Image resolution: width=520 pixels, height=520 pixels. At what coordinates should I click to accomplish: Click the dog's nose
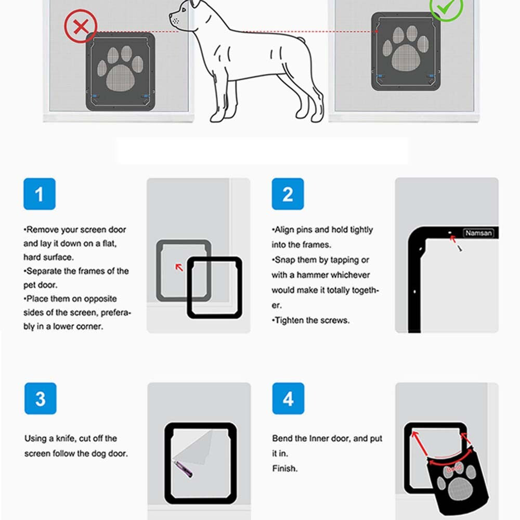pyautogui.click(x=172, y=17)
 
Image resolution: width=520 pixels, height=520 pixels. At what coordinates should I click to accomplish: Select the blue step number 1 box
pyautogui.click(x=39, y=194)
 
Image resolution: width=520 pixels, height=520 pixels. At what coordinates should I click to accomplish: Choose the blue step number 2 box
pyautogui.click(x=288, y=194)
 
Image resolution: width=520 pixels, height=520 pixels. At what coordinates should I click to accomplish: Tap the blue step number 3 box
pyautogui.click(x=40, y=399)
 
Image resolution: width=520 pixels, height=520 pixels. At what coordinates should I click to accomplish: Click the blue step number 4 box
pyautogui.click(x=288, y=399)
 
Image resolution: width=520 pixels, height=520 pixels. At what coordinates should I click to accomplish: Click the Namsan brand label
pyautogui.click(x=478, y=233)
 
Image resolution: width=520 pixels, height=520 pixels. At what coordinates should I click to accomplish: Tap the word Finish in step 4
pyautogui.click(x=284, y=469)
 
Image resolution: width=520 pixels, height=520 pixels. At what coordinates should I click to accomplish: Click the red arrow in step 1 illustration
pyautogui.click(x=179, y=267)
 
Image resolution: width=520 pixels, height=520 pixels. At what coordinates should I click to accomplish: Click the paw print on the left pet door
pyautogui.click(x=121, y=70)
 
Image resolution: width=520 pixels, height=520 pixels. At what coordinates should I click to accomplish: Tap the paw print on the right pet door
pyautogui.click(x=406, y=49)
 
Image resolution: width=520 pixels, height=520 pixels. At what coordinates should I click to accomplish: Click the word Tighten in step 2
pyautogui.click(x=291, y=320)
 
